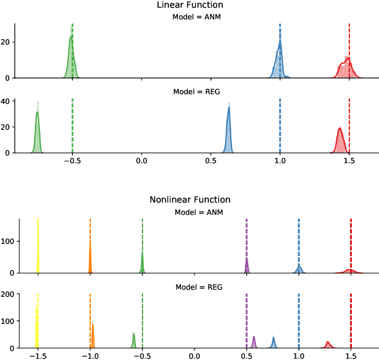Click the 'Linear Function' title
(x=190, y=5)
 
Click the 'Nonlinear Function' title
(x=190, y=199)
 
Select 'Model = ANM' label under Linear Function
(x=197, y=17)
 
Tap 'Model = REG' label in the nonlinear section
(x=197, y=286)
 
